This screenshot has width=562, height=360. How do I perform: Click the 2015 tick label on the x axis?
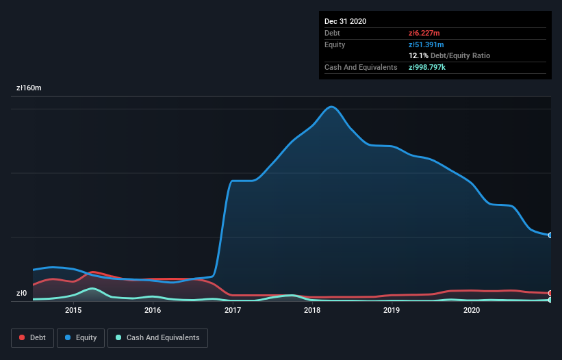click(73, 311)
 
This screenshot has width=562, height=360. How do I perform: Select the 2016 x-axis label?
click(153, 311)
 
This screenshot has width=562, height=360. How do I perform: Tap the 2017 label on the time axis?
click(233, 311)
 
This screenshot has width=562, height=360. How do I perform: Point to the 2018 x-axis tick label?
click(312, 311)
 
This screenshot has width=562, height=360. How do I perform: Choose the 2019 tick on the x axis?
click(392, 311)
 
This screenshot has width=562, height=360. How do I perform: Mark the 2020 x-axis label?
click(472, 311)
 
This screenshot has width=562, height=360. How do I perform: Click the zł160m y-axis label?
click(29, 88)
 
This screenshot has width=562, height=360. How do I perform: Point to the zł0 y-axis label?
click(22, 294)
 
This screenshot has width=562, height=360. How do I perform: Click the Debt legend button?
click(32, 337)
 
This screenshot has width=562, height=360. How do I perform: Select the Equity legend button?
click(81, 337)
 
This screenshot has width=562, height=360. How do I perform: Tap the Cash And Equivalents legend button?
click(157, 337)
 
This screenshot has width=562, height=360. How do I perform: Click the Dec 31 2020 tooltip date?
click(346, 21)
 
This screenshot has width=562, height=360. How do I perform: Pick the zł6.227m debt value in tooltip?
click(424, 33)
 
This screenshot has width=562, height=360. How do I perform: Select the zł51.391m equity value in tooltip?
click(426, 44)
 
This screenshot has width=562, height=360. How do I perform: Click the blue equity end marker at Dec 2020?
click(550, 235)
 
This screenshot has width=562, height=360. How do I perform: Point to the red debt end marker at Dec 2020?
click(550, 294)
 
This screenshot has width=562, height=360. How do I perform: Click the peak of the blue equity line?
click(332, 107)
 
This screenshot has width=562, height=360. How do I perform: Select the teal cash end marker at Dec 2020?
click(550, 300)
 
